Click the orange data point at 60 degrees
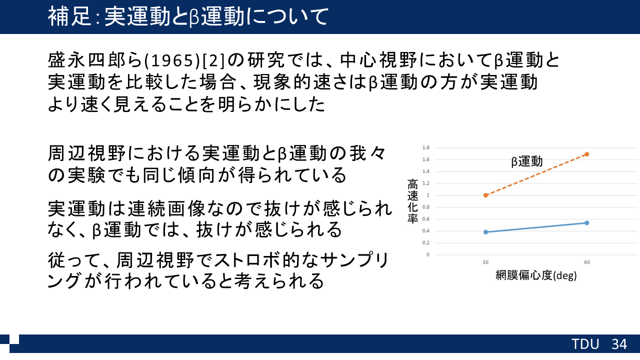[587, 154]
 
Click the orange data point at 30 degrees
[485, 195]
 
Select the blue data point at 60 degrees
[587, 223]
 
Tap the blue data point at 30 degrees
[485, 232]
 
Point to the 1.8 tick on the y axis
[426, 147]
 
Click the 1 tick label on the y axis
[427, 195]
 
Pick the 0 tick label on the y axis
[427, 254]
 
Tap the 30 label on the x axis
[485, 262]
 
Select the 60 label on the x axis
[587, 262]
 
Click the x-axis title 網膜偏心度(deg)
[536, 275]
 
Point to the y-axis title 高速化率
[412, 201]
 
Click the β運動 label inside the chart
[527, 161]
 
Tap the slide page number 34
[619, 344]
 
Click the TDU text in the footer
[585, 344]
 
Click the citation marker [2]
[214, 61]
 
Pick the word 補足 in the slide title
[69, 16]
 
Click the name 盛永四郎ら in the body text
[95, 60]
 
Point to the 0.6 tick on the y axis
[426, 219]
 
